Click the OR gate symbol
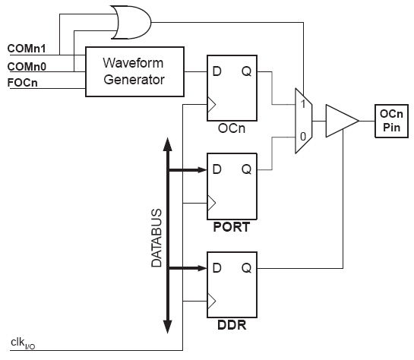click(131, 23)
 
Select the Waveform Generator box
click(134, 72)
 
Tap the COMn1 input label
click(27, 49)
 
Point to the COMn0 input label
click(27, 67)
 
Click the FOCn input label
click(23, 83)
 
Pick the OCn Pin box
click(391, 121)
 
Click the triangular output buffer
click(342, 121)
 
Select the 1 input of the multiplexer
click(303, 104)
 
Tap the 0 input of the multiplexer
click(303, 137)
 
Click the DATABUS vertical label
click(156, 238)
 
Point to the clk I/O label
click(23, 343)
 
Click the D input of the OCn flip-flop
click(216, 71)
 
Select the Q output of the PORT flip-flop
click(247, 169)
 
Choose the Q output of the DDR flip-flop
click(247, 268)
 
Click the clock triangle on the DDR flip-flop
click(212, 302)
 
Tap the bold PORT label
click(232, 227)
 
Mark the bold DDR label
click(232, 325)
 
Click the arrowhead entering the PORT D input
click(202, 169)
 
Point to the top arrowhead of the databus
click(168, 144)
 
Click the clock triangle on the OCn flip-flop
click(212, 105)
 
